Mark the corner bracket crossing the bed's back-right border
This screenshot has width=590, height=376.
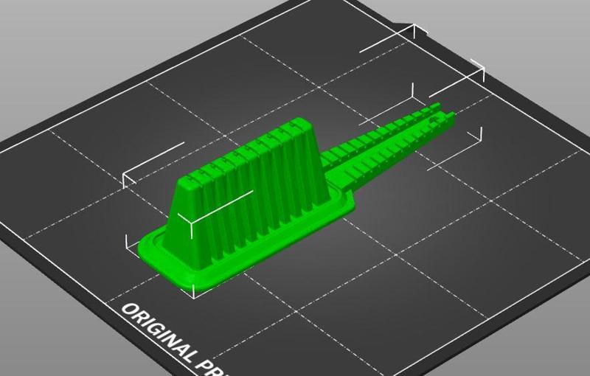coord(479,70)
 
